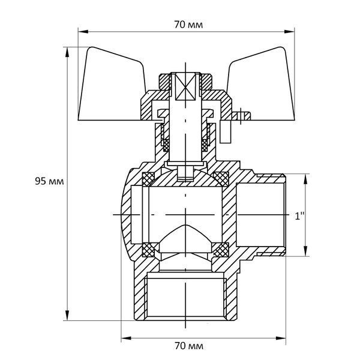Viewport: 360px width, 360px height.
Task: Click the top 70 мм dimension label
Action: tap(188, 25)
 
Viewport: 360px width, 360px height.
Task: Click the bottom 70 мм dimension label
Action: tap(189, 346)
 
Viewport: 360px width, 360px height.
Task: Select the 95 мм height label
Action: tap(49, 181)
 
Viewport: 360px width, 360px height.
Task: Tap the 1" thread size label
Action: tap(299, 216)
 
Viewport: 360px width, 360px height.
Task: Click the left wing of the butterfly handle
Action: tap(110, 87)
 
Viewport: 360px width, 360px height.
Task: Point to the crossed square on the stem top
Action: tap(185, 86)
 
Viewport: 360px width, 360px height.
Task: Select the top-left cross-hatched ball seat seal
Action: tap(149, 179)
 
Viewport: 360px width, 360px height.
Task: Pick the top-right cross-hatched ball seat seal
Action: tap(221, 178)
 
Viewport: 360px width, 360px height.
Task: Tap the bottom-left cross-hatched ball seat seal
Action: tap(149, 250)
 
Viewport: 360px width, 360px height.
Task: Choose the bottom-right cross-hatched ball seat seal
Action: tap(221, 250)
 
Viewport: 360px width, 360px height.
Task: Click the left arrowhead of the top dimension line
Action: tap(83, 31)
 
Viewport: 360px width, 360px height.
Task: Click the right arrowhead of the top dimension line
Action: tap(289, 31)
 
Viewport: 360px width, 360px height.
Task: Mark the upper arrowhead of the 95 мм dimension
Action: tap(67, 52)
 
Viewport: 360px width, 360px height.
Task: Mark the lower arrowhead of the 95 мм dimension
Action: tap(67, 315)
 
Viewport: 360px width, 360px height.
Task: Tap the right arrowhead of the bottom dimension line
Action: tap(281, 338)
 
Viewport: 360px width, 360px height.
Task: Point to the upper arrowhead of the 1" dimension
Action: tap(305, 179)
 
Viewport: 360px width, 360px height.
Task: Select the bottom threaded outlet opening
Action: tap(185, 298)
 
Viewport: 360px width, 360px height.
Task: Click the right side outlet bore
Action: tap(260, 215)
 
